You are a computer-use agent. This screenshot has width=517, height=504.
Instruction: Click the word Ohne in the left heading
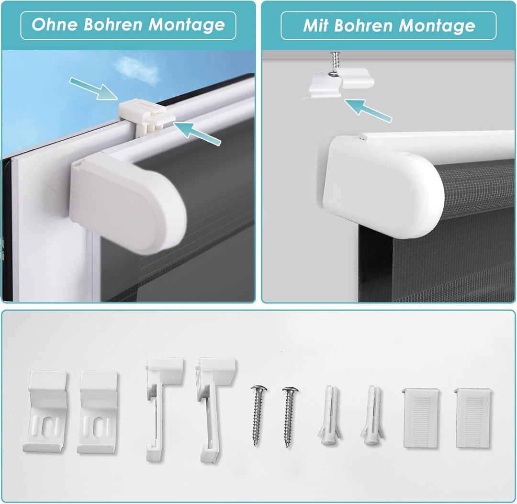pos(55,25)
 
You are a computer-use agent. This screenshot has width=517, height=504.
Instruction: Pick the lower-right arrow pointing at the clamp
pos(197,133)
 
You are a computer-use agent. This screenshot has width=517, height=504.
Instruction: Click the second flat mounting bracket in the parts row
pos(98,413)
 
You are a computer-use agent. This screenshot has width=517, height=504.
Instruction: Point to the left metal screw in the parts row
pos(258,415)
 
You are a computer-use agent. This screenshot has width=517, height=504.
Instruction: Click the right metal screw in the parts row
pos(290,417)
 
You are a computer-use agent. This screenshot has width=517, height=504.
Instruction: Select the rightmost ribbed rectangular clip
pos(473,418)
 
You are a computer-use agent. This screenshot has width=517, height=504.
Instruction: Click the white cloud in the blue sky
pos(137,69)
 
